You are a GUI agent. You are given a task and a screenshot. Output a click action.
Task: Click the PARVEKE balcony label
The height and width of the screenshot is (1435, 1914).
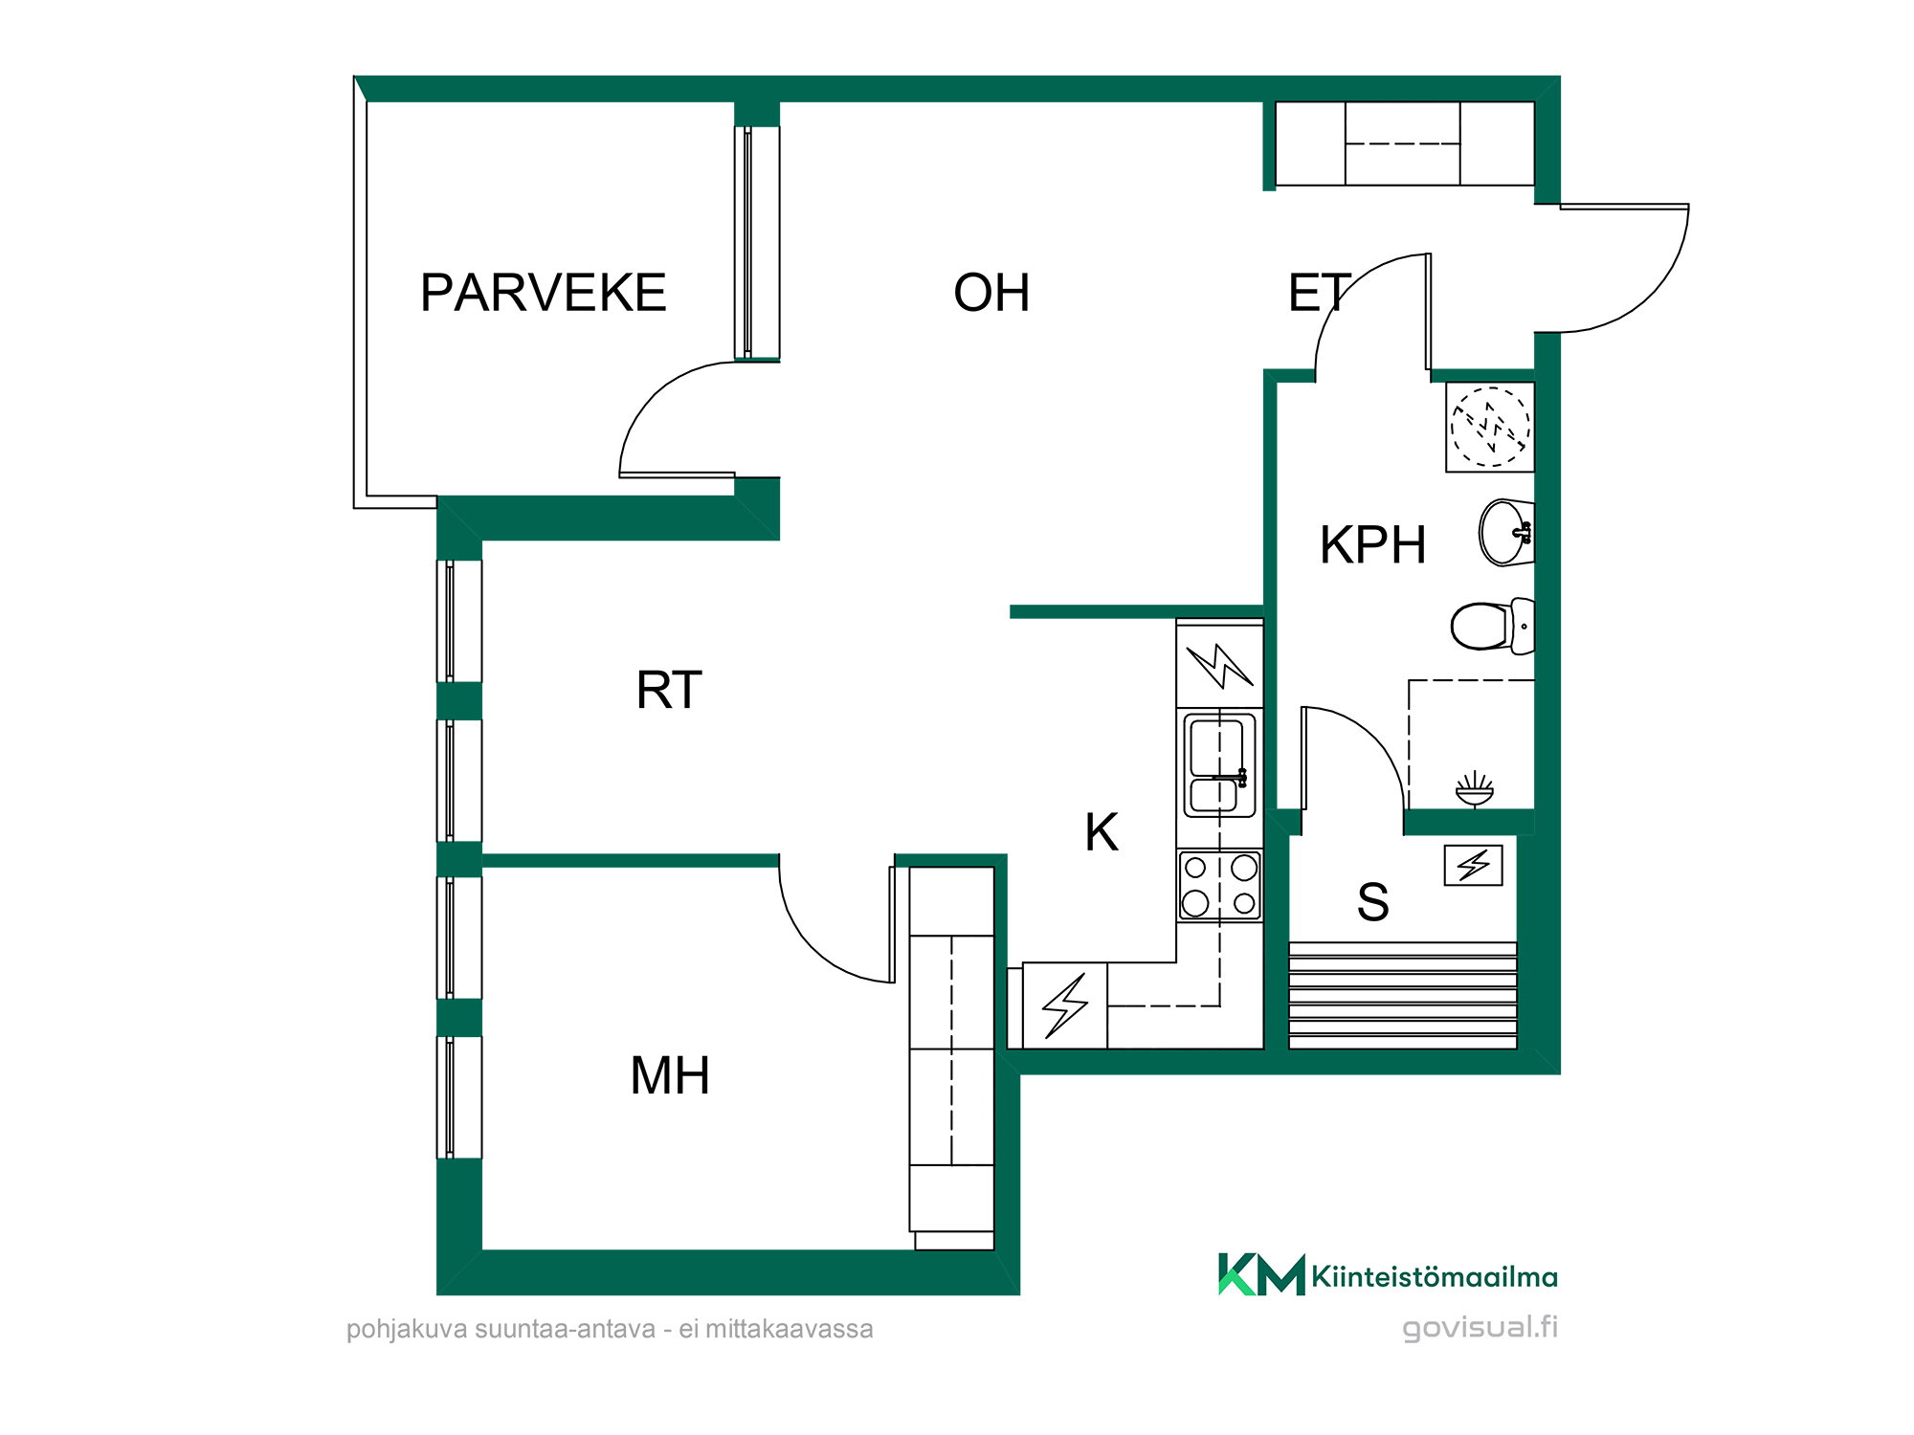544,293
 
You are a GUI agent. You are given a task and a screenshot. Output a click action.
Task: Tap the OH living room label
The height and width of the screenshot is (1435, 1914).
991,293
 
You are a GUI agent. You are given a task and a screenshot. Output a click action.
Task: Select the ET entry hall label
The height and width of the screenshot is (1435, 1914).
1320,293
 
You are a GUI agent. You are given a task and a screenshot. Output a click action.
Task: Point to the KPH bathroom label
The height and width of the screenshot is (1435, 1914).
1373,545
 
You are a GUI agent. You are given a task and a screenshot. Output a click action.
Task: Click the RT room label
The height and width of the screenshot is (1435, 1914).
669,690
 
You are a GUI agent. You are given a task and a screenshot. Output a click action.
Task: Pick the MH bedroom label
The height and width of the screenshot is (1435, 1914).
670,1075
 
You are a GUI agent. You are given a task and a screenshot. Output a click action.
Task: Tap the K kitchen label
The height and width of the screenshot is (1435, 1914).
1102,832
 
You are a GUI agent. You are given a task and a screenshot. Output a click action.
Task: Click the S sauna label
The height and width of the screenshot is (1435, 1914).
1373,902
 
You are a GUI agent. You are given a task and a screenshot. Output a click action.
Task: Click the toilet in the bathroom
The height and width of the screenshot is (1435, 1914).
1493,627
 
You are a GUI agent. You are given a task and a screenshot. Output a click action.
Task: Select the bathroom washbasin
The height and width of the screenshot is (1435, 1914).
1506,533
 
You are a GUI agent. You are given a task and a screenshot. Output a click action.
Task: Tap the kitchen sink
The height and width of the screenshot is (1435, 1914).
1220,765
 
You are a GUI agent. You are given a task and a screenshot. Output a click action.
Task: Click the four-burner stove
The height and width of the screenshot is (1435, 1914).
1220,886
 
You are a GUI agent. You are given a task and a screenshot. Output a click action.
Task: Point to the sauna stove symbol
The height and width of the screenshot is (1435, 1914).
1474,865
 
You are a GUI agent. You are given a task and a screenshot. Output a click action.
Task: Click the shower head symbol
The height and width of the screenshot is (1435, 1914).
1475,790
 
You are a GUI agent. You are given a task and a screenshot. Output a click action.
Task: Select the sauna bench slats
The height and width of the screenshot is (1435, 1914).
1403,995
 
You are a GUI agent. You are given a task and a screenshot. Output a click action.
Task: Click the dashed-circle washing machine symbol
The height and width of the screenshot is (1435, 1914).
1490,427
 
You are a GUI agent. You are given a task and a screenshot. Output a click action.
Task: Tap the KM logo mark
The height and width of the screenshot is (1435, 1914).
1261,1274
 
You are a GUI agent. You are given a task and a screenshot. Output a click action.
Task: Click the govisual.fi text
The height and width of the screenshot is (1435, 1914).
1480,1328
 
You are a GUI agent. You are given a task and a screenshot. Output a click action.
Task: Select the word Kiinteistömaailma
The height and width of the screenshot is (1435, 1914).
1435,1277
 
